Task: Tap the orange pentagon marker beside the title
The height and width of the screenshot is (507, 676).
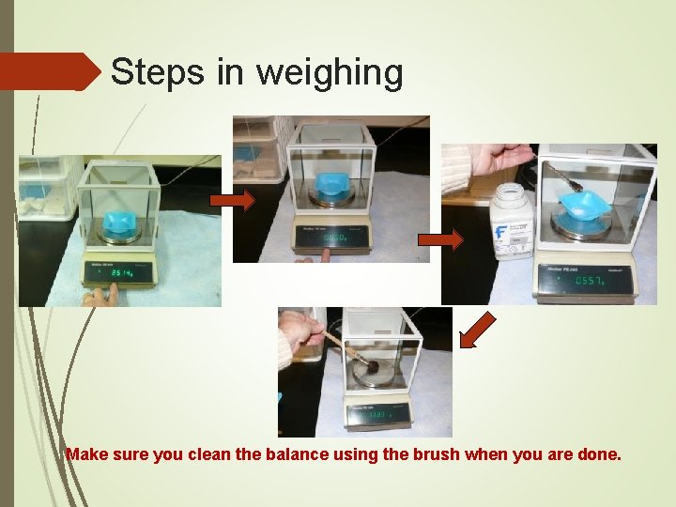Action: coord(51,71)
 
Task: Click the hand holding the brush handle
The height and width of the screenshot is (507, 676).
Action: coord(300,332)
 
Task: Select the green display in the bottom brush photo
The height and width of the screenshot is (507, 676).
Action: coord(381,414)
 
